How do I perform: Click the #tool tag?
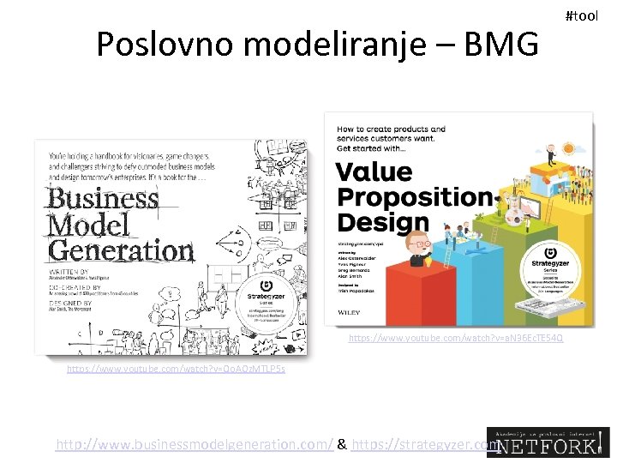click(582, 16)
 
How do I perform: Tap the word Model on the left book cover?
click(89, 225)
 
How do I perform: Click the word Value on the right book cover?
click(374, 171)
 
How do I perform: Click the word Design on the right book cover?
click(382, 222)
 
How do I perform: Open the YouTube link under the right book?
click(455, 339)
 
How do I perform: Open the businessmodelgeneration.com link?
click(195, 445)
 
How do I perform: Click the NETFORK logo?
click(548, 442)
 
